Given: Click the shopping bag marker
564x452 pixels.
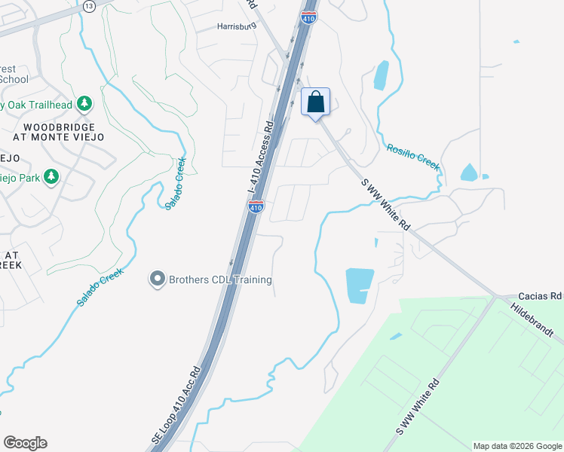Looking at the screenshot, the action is (x=316, y=102).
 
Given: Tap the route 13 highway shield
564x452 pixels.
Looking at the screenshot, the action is (x=89, y=5).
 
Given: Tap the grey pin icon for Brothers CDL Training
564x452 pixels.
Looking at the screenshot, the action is (x=158, y=279).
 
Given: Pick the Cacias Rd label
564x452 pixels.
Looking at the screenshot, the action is (x=541, y=297).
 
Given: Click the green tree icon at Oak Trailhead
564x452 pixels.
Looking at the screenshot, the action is (x=85, y=103).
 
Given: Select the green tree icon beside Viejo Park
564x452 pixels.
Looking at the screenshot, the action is (x=52, y=177).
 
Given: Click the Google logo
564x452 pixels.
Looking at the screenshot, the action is (x=25, y=443).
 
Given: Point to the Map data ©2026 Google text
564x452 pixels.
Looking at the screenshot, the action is (x=516, y=446).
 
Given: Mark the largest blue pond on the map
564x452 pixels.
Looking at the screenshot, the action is (x=359, y=286).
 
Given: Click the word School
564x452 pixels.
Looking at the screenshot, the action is (x=14, y=79).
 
